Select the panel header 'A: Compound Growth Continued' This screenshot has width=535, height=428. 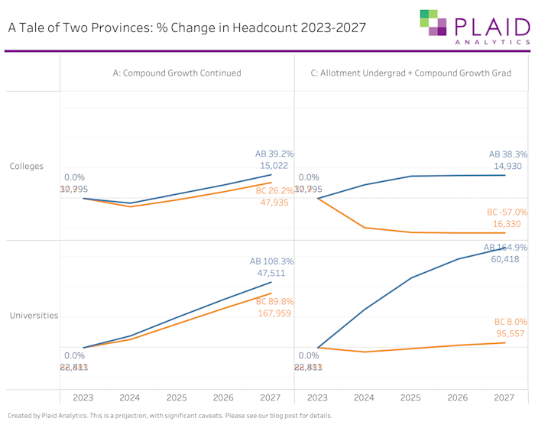click(177, 73)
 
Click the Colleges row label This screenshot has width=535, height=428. click(26, 166)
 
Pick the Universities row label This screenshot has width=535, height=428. click(34, 315)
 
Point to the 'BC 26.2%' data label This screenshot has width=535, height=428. click(274, 190)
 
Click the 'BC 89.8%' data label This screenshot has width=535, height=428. click(274, 301)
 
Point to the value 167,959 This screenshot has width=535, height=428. click(274, 313)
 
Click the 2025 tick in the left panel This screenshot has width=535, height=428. click(177, 398)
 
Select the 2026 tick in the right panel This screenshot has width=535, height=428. click(457, 398)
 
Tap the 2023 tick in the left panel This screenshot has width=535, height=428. click(83, 398)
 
